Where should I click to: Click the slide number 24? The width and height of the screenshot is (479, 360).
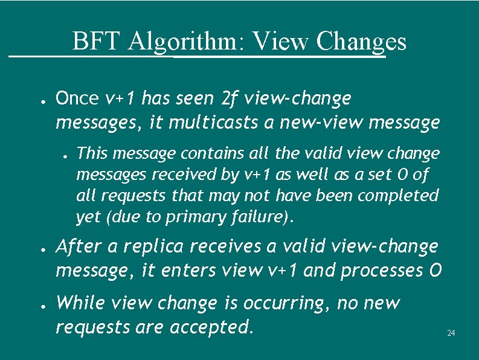(x=451, y=333)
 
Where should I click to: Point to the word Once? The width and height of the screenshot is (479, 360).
(x=77, y=98)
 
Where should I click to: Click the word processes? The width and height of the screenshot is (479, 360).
(x=381, y=272)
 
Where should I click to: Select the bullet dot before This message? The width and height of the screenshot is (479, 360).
(x=65, y=154)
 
